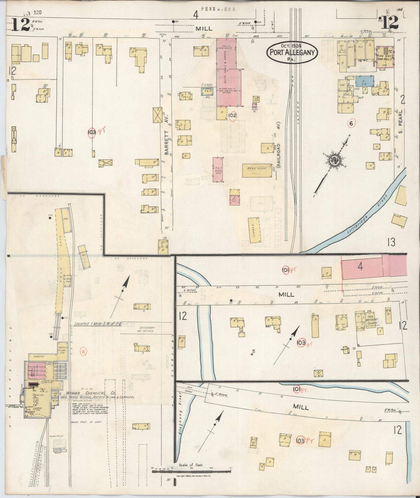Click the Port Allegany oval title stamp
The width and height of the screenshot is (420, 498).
coord(292,52)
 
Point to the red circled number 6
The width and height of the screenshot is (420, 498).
coord(351,124)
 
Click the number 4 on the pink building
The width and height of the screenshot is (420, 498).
coord(360,266)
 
